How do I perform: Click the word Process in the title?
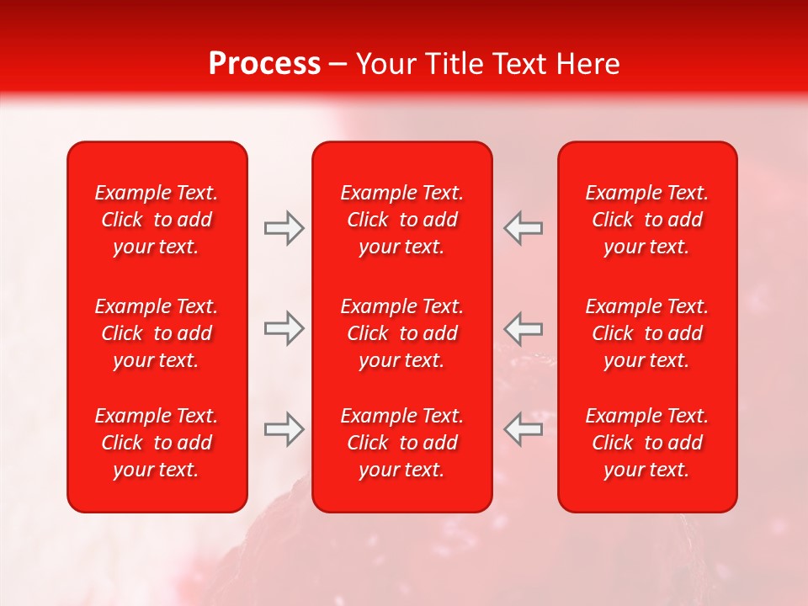[264, 64]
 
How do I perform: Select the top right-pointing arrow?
[284, 228]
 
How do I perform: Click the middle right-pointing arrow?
[284, 328]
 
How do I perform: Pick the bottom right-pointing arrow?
[284, 429]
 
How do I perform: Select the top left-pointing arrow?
[523, 228]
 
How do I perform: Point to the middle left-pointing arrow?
[523, 328]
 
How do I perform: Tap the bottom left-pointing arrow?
[523, 429]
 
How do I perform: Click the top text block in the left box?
[157, 220]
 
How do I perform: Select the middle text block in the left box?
[157, 333]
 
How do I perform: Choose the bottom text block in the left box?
[157, 443]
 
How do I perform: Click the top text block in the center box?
[402, 220]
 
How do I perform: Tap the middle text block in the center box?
[402, 333]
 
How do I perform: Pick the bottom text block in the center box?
[402, 443]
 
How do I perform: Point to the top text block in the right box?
[647, 220]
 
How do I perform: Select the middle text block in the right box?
[647, 333]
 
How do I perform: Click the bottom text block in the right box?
[647, 443]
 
